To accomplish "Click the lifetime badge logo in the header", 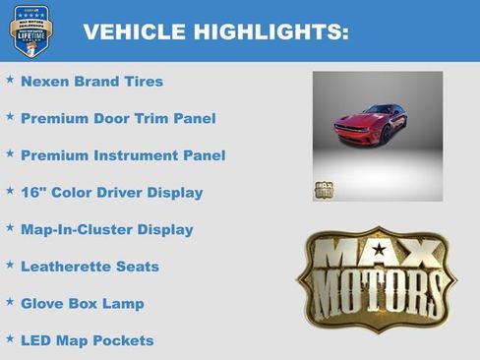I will tap(29, 30).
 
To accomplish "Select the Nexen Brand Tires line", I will tap(91, 82).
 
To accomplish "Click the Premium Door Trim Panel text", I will tap(118, 118).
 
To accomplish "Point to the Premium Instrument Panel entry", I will tap(123, 155).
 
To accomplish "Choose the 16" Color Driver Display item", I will tap(111, 193).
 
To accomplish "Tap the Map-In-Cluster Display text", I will tap(106, 229).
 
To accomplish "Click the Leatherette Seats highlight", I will tap(90, 267).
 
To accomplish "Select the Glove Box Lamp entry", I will tap(82, 303).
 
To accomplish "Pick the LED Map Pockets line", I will tap(87, 340).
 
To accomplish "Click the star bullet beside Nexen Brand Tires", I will tap(10, 79).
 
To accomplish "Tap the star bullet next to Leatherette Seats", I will tap(10, 264).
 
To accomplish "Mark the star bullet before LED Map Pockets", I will tap(10, 337).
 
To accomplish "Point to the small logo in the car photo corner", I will tap(324, 190).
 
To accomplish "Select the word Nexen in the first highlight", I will tap(42, 82).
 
